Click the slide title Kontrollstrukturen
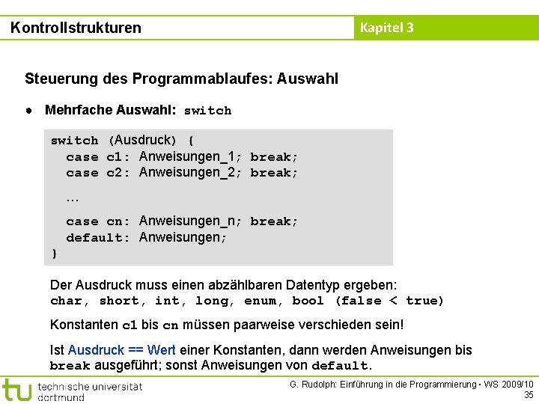76,28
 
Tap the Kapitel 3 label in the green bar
386,28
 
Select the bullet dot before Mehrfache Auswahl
28,110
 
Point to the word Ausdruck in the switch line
143,140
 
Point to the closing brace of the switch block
54,254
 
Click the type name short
118,301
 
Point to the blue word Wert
162,350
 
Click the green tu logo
16,390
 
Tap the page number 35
529,394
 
